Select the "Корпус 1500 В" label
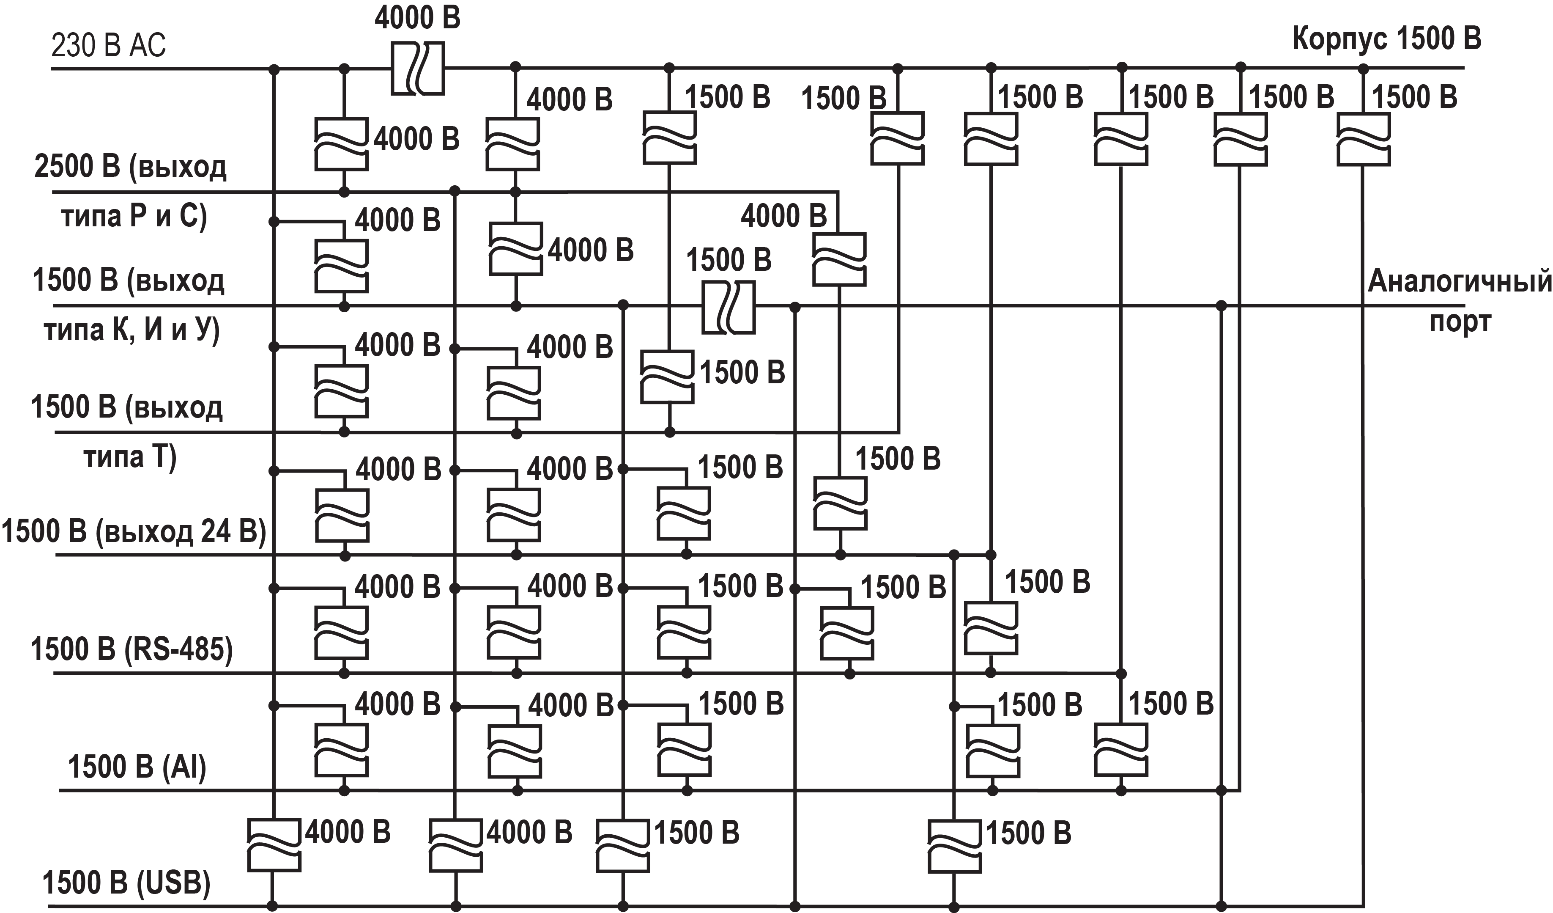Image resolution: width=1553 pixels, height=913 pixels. point(1386,38)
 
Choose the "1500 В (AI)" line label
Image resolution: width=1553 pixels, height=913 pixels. point(137,767)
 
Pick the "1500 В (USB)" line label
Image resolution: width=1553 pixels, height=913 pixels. point(126,883)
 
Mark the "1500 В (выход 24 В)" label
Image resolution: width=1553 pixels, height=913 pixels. point(134,531)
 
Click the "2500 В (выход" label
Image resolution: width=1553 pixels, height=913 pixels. point(130,166)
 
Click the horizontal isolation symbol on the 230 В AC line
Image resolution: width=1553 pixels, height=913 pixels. point(418,69)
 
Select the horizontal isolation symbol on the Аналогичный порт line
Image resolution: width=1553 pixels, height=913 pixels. point(729,307)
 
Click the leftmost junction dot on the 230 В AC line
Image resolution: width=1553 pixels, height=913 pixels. point(274,69)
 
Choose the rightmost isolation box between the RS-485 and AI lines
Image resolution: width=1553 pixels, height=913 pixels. point(1121,750)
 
